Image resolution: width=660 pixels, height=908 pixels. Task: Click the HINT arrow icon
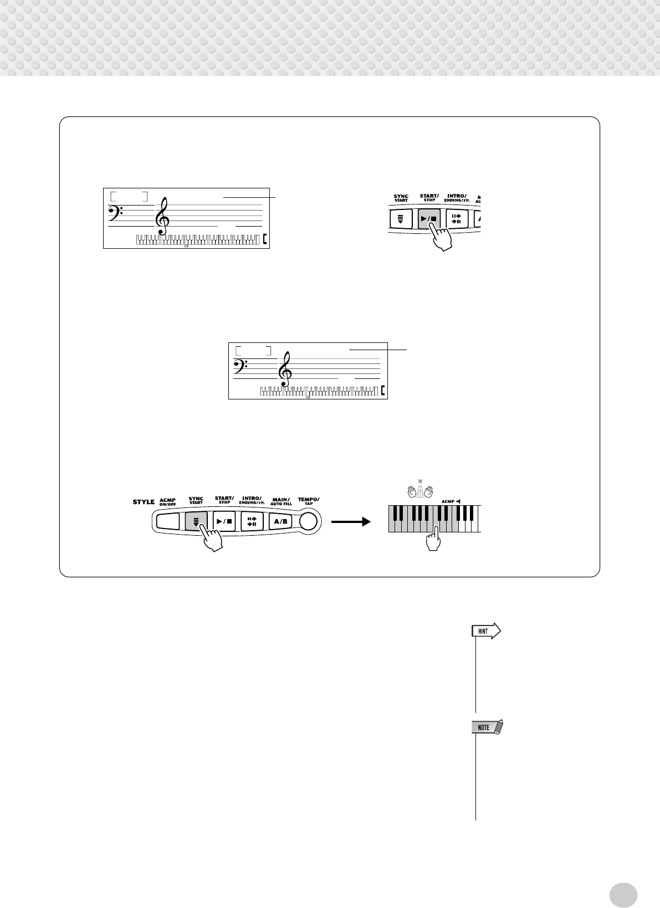click(486, 631)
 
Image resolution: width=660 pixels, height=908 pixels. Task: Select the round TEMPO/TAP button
click(309, 521)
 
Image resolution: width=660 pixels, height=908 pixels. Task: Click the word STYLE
click(144, 502)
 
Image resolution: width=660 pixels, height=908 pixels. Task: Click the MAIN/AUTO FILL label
click(280, 502)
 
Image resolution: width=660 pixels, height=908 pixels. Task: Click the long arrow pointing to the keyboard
click(350, 522)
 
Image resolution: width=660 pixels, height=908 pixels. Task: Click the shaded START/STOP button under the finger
click(428, 218)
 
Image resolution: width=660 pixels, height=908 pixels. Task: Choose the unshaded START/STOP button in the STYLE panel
click(224, 522)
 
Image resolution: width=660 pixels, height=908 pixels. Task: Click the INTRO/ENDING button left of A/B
click(252, 522)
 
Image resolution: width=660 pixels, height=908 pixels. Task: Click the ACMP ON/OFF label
click(167, 501)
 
